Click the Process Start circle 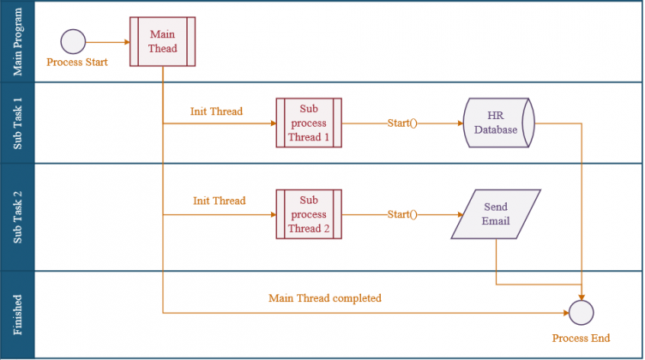click(73, 41)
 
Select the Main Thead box click(162, 41)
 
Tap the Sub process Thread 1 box click(309, 123)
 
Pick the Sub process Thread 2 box click(309, 214)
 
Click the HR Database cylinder click(499, 123)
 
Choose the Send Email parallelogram click(496, 214)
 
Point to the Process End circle click(582, 313)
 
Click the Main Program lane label click(17, 41)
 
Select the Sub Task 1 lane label click(17, 123)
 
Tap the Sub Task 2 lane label click(17, 217)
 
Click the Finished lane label click(17, 315)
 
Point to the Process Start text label click(77, 62)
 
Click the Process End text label click(581, 339)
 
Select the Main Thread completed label click(325, 298)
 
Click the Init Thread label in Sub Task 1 click(216, 111)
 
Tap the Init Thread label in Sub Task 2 click(220, 201)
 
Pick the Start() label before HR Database click(402, 123)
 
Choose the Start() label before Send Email click(402, 214)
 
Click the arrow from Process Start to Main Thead click(108, 42)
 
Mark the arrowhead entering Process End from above click(582, 297)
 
